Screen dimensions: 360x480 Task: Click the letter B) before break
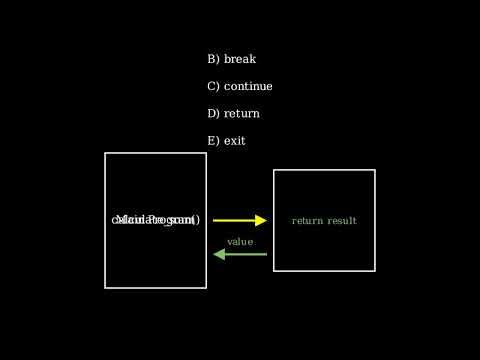(213, 59)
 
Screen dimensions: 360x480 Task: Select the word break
(240, 59)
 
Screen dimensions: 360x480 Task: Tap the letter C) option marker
(213, 86)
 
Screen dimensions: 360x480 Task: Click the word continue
(248, 86)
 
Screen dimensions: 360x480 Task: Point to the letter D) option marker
(213, 113)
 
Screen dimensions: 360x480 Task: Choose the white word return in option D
(242, 113)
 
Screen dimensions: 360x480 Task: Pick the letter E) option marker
(213, 141)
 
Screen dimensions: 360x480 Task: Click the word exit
(235, 141)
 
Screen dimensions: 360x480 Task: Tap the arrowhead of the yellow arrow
(262, 220)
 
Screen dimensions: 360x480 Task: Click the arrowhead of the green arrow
(219, 254)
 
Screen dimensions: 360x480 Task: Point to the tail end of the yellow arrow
(214, 220)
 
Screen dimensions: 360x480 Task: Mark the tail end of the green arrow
(266, 254)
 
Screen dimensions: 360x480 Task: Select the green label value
(240, 242)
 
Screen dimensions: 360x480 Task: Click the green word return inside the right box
(307, 221)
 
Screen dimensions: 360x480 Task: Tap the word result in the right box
(342, 221)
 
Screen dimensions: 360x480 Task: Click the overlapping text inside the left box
(156, 220)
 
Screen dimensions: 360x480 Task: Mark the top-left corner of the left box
(105, 153)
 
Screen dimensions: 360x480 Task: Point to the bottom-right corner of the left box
(206, 288)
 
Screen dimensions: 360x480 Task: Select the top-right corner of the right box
(375, 170)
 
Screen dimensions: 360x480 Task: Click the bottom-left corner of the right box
(274, 271)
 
